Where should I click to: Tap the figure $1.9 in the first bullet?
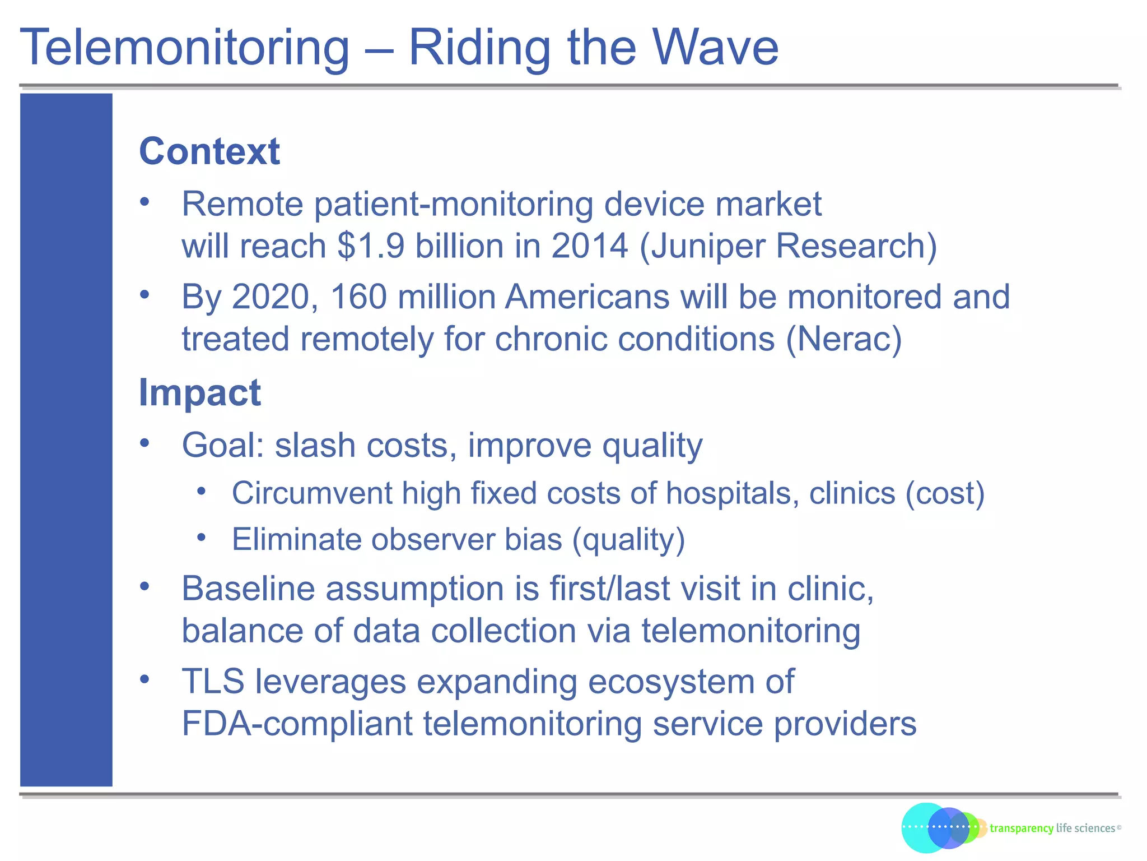(370, 246)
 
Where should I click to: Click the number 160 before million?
(358, 297)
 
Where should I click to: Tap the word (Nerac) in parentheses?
(844, 340)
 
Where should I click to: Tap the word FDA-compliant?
(297, 724)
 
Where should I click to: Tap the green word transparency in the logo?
(1021, 828)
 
